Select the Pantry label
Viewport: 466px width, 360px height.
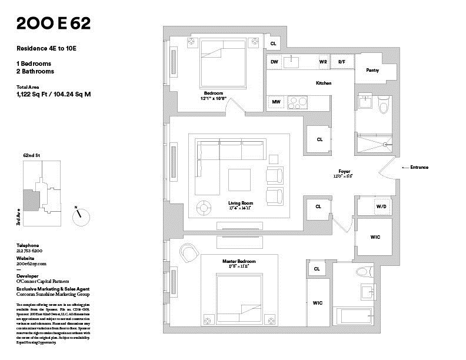(x=372, y=71)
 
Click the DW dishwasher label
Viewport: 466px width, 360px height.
(x=274, y=61)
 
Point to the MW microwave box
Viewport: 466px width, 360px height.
(x=275, y=102)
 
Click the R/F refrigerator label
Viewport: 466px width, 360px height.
(x=341, y=61)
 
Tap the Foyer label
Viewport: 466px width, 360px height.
(x=344, y=171)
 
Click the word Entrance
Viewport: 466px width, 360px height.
(x=419, y=168)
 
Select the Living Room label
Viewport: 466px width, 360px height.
(x=241, y=203)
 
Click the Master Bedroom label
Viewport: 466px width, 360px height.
(x=239, y=261)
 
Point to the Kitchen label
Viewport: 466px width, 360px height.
(x=324, y=83)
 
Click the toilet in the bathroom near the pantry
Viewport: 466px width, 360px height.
(x=384, y=106)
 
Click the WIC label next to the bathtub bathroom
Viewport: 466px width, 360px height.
(x=318, y=303)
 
